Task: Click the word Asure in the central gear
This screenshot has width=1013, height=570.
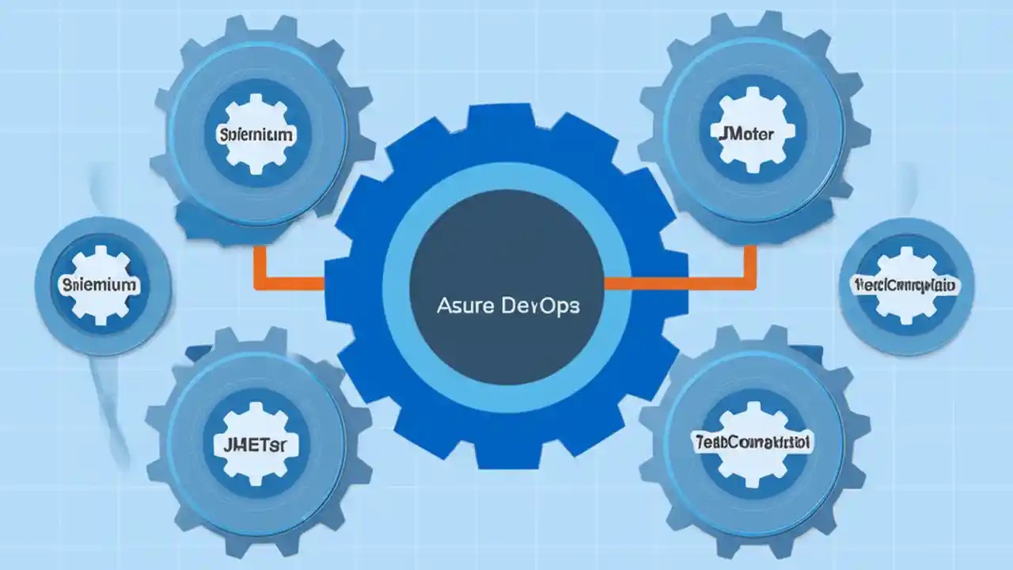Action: (463, 306)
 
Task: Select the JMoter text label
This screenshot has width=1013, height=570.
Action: (746, 132)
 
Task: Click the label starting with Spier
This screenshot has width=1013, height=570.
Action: (255, 135)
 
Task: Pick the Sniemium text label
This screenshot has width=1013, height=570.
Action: (100, 284)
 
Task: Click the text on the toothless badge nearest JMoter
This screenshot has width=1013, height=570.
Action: (905, 284)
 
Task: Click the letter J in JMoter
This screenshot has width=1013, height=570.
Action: (721, 132)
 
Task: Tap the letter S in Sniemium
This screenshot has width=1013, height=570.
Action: (66, 284)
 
